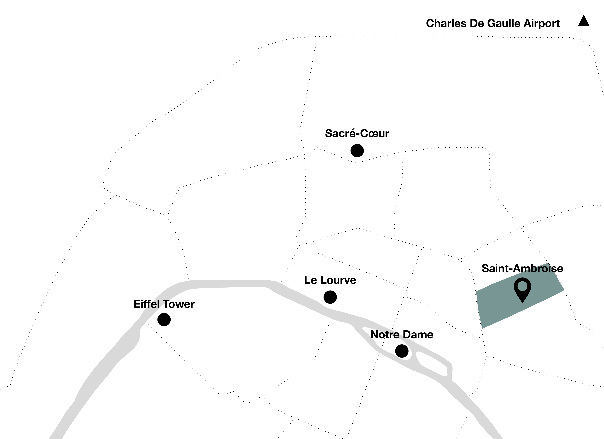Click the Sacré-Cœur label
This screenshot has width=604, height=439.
(x=357, y=133)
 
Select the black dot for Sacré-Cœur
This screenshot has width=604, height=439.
(x=357, y=151)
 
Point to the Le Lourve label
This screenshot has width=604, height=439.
(x=330, y=280)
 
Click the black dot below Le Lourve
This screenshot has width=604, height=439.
(x=330, y=297)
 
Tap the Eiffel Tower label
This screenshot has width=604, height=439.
(x=164, y=304)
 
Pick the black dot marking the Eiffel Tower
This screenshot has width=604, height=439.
(x=164, y=320)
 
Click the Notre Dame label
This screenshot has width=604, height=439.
(x=402, y=335)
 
